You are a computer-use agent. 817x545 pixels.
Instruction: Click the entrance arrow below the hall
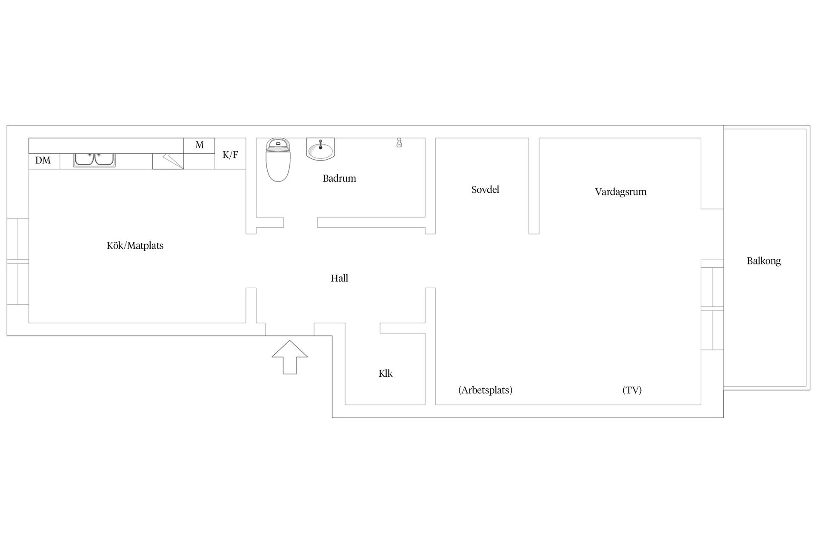(290, 357)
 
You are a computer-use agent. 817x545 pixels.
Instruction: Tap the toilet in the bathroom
(278, 160)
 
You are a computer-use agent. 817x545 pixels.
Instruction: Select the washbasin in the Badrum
(320, 149)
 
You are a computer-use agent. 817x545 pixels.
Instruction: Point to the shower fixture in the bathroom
(399, 142)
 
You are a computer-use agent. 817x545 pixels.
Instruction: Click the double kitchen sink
(94, 160)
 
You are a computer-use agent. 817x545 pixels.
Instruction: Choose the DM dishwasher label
(43, 161)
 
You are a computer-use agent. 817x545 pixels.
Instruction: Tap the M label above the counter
(200, 145)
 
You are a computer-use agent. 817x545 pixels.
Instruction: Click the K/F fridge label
(230, 155)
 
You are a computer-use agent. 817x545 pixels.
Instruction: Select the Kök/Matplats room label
(135, 246)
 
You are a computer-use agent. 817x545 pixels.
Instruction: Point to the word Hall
(340, 278)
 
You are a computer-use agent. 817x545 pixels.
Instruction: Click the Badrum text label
(339, 178)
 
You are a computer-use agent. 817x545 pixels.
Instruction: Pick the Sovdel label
(485, 189)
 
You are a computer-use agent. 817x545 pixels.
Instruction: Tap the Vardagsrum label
(621, 192)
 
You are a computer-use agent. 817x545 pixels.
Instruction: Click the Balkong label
(764, 261)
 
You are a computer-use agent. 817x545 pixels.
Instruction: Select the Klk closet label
(386, 373)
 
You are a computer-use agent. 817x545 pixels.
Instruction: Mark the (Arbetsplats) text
(486, 390)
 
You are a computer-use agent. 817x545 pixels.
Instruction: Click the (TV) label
(632, 390)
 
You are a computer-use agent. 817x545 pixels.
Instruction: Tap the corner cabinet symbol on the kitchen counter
(168, 161)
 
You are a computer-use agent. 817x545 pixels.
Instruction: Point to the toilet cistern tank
(278, 145)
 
